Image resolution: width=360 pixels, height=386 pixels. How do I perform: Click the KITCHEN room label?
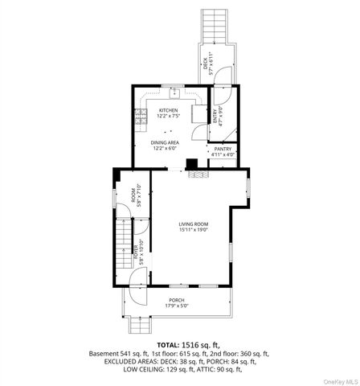[168, 110]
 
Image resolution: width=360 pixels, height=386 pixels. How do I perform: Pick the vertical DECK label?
[206, 60]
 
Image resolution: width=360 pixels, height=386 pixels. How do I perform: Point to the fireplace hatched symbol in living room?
[191, 171]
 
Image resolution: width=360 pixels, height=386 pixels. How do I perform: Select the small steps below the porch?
[140, 325]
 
